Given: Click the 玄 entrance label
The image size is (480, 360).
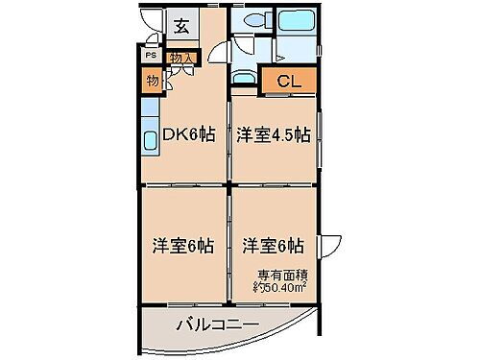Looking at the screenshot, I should pos(180,26).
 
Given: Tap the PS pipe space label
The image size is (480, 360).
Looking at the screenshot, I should pos(150,56).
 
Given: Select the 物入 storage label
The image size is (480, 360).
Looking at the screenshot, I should pos(181,59).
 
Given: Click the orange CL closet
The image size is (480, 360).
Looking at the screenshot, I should pos(289,83).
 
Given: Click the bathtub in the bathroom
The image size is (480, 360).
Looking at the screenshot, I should pos(298,23).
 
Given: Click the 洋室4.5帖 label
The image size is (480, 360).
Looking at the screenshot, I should pos(273,134).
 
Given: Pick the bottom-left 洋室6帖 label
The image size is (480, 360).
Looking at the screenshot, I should pos(180,244).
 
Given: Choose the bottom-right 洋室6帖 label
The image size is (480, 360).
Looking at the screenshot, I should pos(273,244).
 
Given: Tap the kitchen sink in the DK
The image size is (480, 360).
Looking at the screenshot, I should pos(151,141).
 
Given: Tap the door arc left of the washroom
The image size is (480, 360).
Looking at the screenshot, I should pos(220,56).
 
